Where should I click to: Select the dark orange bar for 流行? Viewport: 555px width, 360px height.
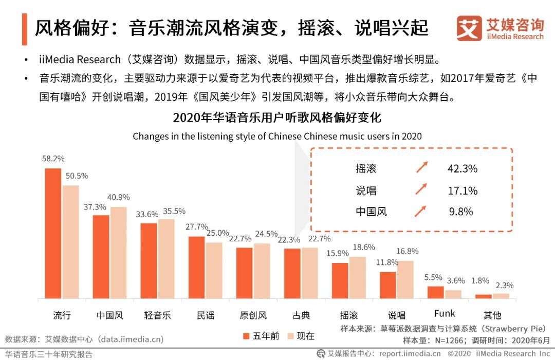[x=53, y=234]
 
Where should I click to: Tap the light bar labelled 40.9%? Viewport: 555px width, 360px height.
[x=118, y=253]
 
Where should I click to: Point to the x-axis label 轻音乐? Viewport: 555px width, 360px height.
[x=158, y=315]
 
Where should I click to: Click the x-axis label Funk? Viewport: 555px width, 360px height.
[x=445, y=314]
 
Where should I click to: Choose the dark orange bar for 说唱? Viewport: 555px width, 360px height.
[x=388, y=285]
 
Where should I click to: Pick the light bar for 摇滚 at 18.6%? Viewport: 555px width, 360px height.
[x=358, y=278]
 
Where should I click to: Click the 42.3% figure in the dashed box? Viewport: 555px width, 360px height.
[x=462, y=168]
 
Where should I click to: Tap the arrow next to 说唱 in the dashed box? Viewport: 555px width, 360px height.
[x=421, y=190]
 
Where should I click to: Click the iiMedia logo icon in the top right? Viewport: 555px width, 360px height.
[x=469, y=28]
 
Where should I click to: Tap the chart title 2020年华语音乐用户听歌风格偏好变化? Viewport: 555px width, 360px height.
[x=277, y=118]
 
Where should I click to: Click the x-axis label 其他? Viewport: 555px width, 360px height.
[x=492, y=315]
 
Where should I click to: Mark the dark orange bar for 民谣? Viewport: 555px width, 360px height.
[x=196, y=268]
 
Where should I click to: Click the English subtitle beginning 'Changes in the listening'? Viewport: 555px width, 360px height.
[x=277, y=136]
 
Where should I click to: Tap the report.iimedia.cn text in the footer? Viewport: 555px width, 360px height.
[x=410, y=353]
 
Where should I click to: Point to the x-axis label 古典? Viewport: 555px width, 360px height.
[x=301, y=315]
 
